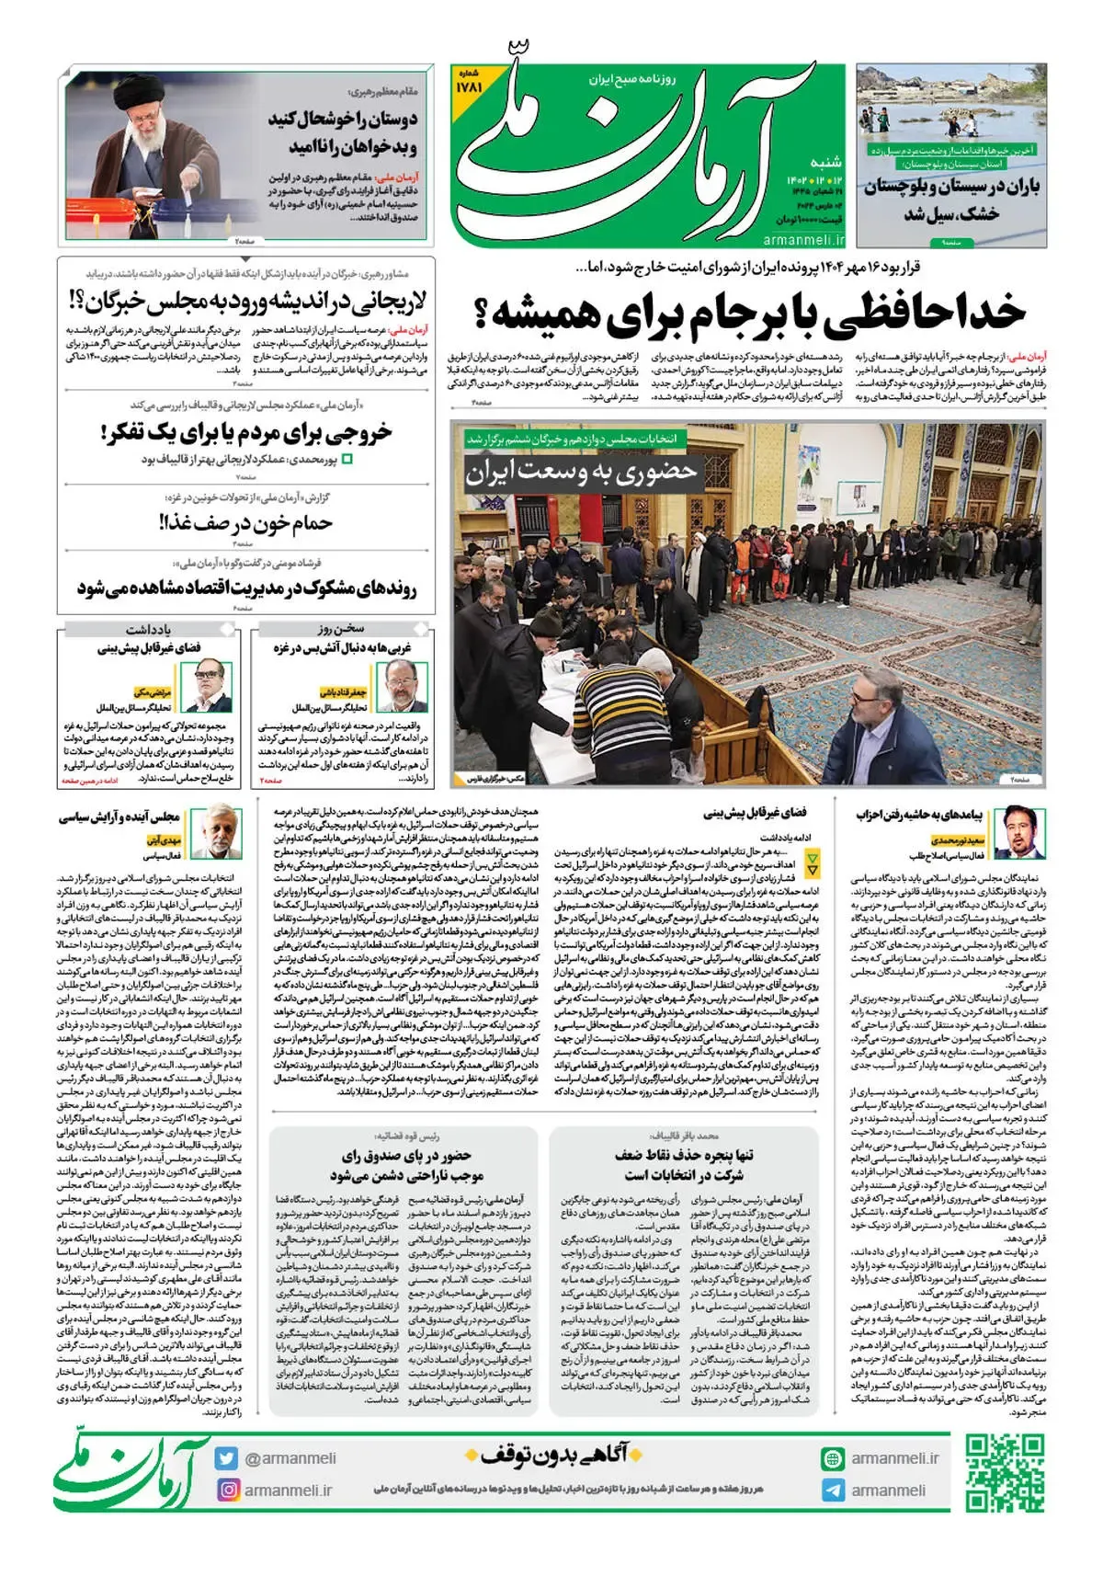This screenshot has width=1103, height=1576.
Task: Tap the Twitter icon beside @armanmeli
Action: tap(226, 1458)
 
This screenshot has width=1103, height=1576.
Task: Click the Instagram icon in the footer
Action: tap(226, 1490)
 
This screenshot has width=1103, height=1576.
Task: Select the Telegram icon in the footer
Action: tap(833, 1490)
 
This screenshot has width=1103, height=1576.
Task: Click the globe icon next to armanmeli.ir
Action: tap(833, 1458)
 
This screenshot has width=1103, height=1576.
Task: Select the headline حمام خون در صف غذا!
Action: tap(246, 523)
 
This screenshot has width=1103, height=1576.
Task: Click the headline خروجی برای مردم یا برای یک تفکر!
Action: tap(246, 432)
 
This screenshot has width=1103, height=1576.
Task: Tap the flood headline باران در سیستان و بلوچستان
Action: tap(951, 188)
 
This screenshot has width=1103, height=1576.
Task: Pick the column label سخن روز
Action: tap(342, 630)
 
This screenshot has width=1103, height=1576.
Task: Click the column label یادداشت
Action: tap(149, 630)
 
